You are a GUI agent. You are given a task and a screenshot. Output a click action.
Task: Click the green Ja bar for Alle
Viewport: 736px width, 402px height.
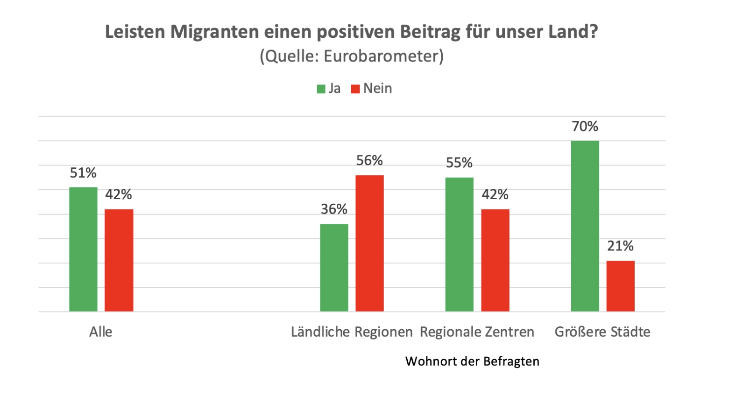point(83,249)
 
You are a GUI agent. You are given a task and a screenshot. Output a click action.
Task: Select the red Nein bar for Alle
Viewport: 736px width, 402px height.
point(119,260)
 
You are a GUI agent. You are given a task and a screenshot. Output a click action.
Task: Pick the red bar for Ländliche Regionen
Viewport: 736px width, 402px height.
point(369,243)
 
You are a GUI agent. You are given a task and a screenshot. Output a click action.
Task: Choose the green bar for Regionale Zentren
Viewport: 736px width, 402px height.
point(459,244)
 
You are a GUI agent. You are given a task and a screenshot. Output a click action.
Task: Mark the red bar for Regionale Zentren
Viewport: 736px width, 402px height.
point(495,260)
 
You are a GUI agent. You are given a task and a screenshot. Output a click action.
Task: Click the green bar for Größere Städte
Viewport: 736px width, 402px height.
point(585,226)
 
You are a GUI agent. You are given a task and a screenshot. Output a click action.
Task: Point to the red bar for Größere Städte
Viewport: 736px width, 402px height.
point(620,286)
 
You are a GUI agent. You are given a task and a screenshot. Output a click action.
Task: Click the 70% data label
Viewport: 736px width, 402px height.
point(585,126)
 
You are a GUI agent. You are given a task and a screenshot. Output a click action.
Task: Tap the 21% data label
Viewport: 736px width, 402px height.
point(620,246)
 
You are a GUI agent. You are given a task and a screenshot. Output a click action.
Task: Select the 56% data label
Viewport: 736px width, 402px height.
point(369,160)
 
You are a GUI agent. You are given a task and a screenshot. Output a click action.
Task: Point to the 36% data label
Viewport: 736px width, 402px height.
point(334,209)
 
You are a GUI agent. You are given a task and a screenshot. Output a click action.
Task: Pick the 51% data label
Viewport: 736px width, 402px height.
point(83,173)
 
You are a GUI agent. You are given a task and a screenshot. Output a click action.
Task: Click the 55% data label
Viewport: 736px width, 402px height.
point(459,163)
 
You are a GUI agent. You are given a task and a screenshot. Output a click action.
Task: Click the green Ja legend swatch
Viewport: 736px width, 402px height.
point(321,89)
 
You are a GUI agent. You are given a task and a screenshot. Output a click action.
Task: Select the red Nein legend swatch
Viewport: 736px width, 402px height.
point(355,89)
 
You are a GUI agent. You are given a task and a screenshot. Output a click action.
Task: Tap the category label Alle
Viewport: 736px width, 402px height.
point(101,332)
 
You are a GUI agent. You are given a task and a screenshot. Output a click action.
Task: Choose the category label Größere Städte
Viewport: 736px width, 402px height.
point(602,332)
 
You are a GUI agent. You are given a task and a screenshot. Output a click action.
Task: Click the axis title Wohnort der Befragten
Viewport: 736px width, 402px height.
point(472,361)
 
